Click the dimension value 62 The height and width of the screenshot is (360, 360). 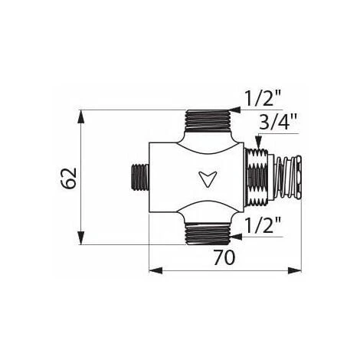click(x=69, y=178)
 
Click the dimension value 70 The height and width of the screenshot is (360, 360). click(x=224, y=257)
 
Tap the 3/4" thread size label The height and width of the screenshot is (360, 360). click(x=278, y=121)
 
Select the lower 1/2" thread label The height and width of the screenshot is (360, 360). click(x=263, y=224)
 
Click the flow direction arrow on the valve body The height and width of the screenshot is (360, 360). click(x=208, y=178)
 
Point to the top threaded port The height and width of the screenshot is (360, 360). click(x=208, y=120)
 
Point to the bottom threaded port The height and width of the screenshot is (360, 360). click(x=208, y=234)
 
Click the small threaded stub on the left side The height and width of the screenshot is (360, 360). click(x=141, y=177)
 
